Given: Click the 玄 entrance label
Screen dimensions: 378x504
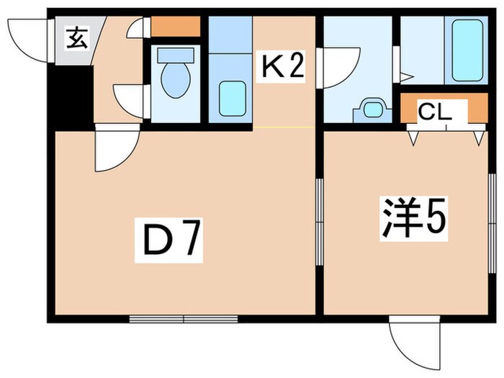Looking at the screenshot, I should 77,38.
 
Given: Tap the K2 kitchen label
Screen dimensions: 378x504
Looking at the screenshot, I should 283,68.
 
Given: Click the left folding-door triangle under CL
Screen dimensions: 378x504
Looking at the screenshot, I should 414,136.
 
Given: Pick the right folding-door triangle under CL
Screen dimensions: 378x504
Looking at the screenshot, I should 478,136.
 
